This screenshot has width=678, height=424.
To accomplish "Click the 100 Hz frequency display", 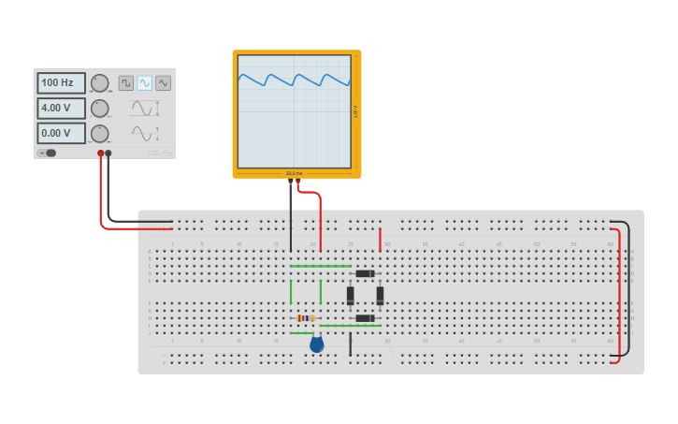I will (61, 83).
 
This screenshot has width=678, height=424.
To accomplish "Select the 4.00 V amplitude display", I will (61, 108).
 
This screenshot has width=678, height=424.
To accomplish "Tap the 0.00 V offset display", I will (61, 133).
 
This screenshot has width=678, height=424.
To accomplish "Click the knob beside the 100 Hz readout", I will (99, 83).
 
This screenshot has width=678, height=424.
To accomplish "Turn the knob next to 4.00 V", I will (99, 109).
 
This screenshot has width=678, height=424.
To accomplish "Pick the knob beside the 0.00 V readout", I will (99, 133).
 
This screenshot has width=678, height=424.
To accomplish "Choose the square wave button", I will (126, 83).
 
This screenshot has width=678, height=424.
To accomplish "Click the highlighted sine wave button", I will (145, 83).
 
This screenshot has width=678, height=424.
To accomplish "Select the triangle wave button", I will (164, 83).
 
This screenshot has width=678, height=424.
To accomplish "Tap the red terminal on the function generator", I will (101, 153).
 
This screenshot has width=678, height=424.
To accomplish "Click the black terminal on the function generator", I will (108, 153).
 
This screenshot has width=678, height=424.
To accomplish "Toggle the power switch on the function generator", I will (48, 153).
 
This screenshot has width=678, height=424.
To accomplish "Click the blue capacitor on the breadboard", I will (316, 344).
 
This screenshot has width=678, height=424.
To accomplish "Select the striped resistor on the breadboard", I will (306, 318).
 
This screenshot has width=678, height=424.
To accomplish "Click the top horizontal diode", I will (365, 273).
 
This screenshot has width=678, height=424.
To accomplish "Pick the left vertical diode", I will (351, 296).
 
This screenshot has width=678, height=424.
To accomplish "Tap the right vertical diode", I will (380, 296).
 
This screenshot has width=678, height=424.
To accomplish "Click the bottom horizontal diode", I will (365, 318).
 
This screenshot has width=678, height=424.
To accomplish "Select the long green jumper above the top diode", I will (320, 266).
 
